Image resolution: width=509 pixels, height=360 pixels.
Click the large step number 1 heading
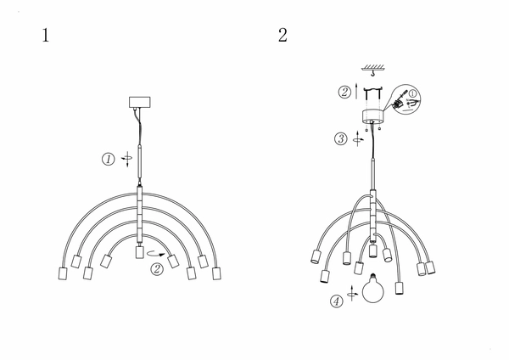pyautogui.click(x=46, y=35)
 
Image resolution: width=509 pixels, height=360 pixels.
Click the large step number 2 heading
pyautogui.click(x=282, y=35)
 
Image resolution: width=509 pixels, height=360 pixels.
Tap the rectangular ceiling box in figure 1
pyautogui.click(x=140, y=102)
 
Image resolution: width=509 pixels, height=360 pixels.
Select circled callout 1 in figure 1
pyautogui.click(x=109, y=160)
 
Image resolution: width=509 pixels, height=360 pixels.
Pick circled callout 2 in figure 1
pyautogui.click(x=157, y=269)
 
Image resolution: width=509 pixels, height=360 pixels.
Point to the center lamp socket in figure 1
pyautogui.click(x=140, y=252)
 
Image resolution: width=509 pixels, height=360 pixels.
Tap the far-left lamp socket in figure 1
pyautogui.click(x=63, y=273)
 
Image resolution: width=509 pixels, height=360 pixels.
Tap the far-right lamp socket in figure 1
pyautogui.click(x=216, y=273)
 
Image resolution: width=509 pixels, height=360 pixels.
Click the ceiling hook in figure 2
pyautogui.click(x=373, y=73)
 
